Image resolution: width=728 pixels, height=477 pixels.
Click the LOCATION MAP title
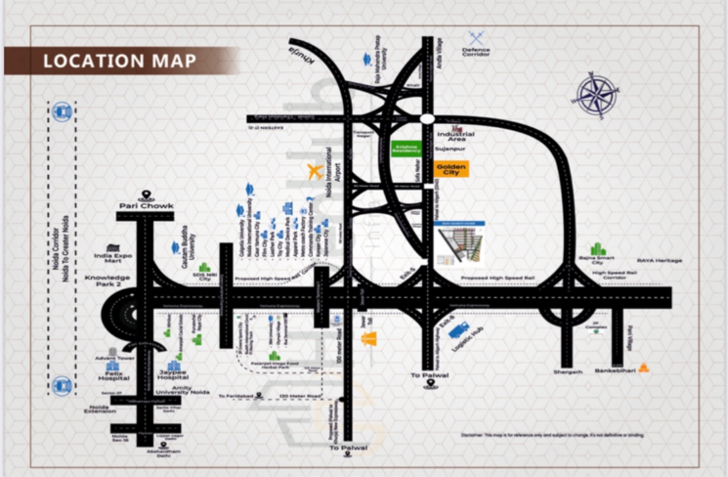click(119, 61)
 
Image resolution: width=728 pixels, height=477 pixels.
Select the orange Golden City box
click(451, 170)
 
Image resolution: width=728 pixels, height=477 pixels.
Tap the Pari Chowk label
click(146, 207)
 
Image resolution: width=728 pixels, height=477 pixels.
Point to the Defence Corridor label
click(477, 52)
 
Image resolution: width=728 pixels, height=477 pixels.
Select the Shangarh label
click(567, 371)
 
